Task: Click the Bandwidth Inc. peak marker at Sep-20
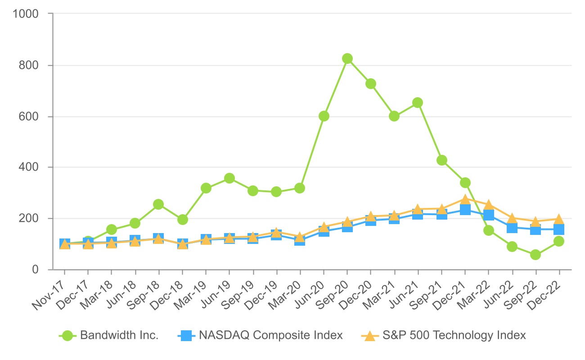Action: pyautogui.click(x=347, y=58)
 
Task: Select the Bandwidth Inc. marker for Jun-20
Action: pyautogui.click(x=324, y=116)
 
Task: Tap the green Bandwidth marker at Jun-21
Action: pyautogui.click(x=418, y=103)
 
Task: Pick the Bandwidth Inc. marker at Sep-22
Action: pyautogui.click(x=535, y=255)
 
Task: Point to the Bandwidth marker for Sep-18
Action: pyautogui.click(x=158, y=204)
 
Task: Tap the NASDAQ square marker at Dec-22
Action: pyautogui.click(x=559, y=229)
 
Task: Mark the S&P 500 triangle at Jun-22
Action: pyautogui.click(x=512, y=219)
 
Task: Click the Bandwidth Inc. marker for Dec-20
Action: pyautogui.click(x=371, y=84)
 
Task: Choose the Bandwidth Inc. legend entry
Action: pyautogui.click(x=119, y=335)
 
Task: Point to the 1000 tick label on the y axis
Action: pyautogui.click(x=26, y=14)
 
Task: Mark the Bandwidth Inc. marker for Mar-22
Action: pyautogui.click(x=488, y=230)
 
